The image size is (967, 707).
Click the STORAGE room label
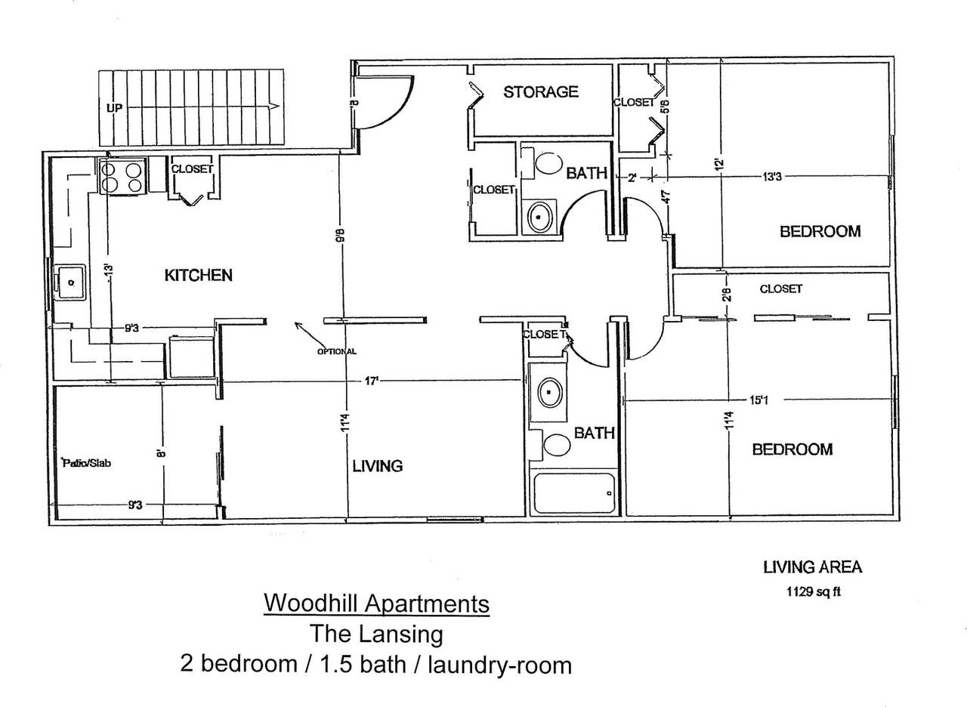[540, 92]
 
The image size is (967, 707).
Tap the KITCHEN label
[199, 276]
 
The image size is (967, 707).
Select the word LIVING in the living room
[378, 466]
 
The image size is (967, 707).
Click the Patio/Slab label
[87, 463]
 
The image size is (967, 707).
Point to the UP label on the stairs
[115, 107]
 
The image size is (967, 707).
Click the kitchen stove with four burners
[122, 177]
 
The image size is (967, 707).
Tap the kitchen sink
[71, 282]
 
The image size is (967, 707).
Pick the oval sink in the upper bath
[539, 217]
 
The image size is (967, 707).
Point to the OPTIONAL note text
[337, 351]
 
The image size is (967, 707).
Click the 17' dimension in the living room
[371, 381]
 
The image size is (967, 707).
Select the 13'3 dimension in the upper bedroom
[771, 177]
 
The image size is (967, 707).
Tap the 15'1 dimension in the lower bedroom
[758, 400]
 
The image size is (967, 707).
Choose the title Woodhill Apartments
[376, 603]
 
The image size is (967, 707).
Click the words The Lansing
[376, 634]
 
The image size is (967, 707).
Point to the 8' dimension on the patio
[161, 453]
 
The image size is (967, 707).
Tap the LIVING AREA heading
[813, 567]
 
